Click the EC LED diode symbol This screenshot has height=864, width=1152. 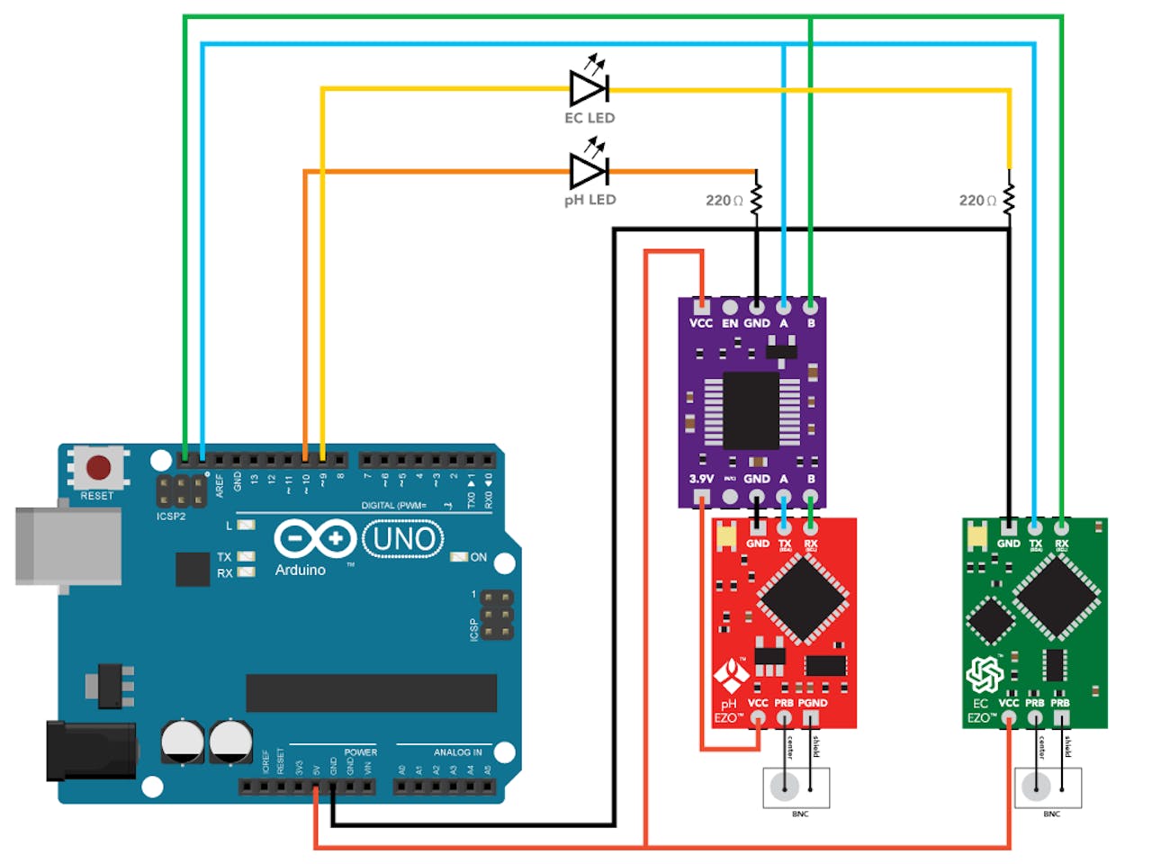tap(589, 88)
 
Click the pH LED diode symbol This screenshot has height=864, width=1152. tap(589, 170)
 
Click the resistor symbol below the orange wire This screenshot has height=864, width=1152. tap(756, 200)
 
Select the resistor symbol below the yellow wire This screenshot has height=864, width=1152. tap(1009, 200)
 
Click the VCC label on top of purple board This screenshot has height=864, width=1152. tap(700, 323)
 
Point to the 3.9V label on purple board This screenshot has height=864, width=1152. tap(701, 479)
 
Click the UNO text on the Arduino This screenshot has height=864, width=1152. tap(403, 539)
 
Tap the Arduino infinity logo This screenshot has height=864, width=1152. tap(315, 539)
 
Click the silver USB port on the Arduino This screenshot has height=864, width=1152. tap(67, 546)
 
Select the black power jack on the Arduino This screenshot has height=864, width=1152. tap(90, 749)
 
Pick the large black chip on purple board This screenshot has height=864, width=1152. tap(751, 409)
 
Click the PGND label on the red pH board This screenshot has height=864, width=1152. tap(812, 703)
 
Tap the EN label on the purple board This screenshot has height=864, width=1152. tap(729, 323)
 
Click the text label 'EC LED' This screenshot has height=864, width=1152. tap(589, 118)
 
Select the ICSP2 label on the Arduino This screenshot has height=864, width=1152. tap(171, 517)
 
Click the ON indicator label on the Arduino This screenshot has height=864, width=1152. tap(479, 557)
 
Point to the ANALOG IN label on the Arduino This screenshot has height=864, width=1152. tap(457, 752)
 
